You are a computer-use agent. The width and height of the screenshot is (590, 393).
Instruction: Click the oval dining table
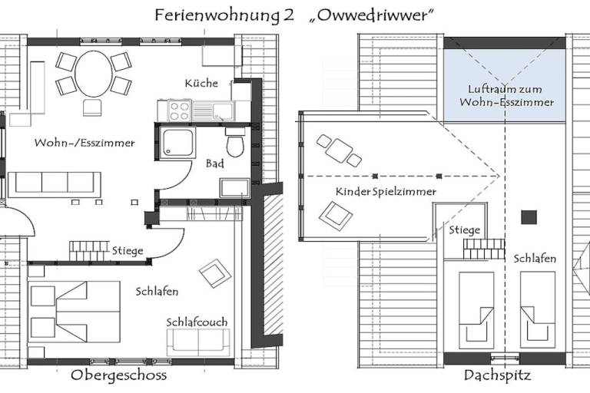[x=94, y=74]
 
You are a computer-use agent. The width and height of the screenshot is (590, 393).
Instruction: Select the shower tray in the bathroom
[x=177, y=143]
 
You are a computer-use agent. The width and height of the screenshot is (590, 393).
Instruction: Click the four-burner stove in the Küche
[x=179, y=111]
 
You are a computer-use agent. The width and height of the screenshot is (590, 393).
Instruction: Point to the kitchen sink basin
[x=223, y=111]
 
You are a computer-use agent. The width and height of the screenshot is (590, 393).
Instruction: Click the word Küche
[x=201, y=83]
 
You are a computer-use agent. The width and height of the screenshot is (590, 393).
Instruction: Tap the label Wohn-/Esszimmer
[x=85, y=143]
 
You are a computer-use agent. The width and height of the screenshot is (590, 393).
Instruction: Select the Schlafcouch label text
[x=197, y=322]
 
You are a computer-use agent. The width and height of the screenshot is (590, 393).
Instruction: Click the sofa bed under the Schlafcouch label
[x=198, y=342]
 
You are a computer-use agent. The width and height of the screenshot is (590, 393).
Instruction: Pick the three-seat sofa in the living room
[x=55, y=185]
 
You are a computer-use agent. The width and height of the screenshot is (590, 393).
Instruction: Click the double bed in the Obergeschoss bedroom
[x=74, y=312]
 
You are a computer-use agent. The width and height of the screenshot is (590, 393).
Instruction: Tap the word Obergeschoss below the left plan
[x=118, y=375]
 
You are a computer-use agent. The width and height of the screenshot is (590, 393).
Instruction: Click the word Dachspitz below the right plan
[x=498, y=375]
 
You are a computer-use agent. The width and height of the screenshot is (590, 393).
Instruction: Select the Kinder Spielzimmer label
[x=386, y=192]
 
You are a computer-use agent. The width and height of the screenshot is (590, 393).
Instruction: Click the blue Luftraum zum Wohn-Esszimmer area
[x=505, y=85]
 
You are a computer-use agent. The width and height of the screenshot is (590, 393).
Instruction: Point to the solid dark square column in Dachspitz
[x=529, y=217]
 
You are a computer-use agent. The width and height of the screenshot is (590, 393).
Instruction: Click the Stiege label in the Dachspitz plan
[x=464, y=230]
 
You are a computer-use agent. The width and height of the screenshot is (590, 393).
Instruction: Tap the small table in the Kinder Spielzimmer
[x=339, y=150]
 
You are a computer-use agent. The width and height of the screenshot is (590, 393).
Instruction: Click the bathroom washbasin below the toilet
[x=235, y=187]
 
